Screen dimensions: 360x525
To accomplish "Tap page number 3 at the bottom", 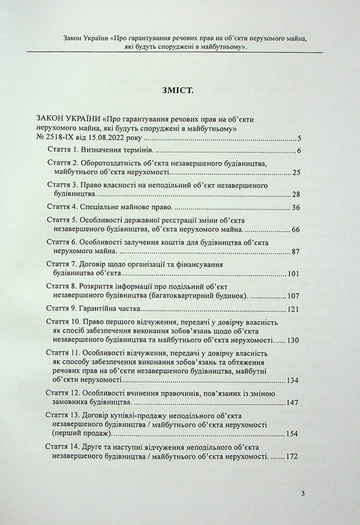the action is [303, 494].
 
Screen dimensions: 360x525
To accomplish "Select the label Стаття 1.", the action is [68, 148].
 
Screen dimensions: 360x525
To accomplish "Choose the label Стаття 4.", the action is [69, 207].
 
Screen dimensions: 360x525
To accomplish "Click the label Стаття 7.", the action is [69, 265].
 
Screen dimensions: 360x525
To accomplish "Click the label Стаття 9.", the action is [69, 308].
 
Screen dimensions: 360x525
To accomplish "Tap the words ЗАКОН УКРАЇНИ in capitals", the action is [70, 117].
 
